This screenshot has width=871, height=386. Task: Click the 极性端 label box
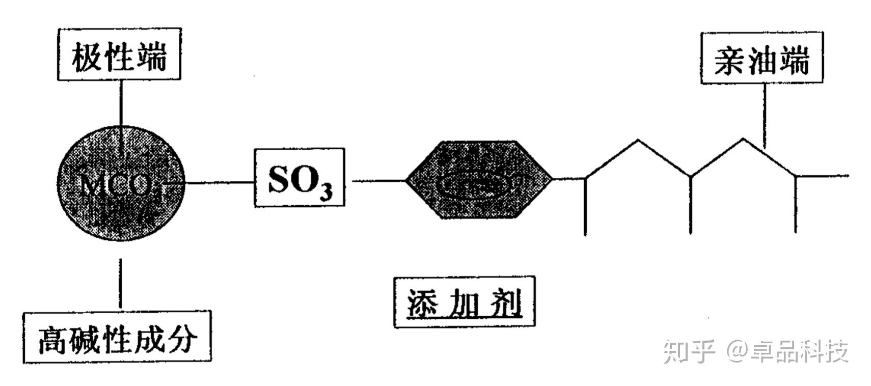pyautogui.click(x=119, y=54)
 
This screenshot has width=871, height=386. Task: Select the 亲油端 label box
pyautogui.click(x=761, y=58)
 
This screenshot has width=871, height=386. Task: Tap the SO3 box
pyautogui.click(x=299, y=177)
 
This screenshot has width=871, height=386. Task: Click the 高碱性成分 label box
pyautogui.click(x=117, y=337)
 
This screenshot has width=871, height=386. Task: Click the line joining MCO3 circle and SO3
pyautogui.click(x=219, y=182)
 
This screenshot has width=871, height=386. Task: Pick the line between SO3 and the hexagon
pyautogui.click(x=378, y=180)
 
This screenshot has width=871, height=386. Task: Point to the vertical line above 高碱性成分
pyautogui.click(x=120, y=283)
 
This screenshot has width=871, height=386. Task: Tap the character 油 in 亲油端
pyautogui.click(x=761, y=59)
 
